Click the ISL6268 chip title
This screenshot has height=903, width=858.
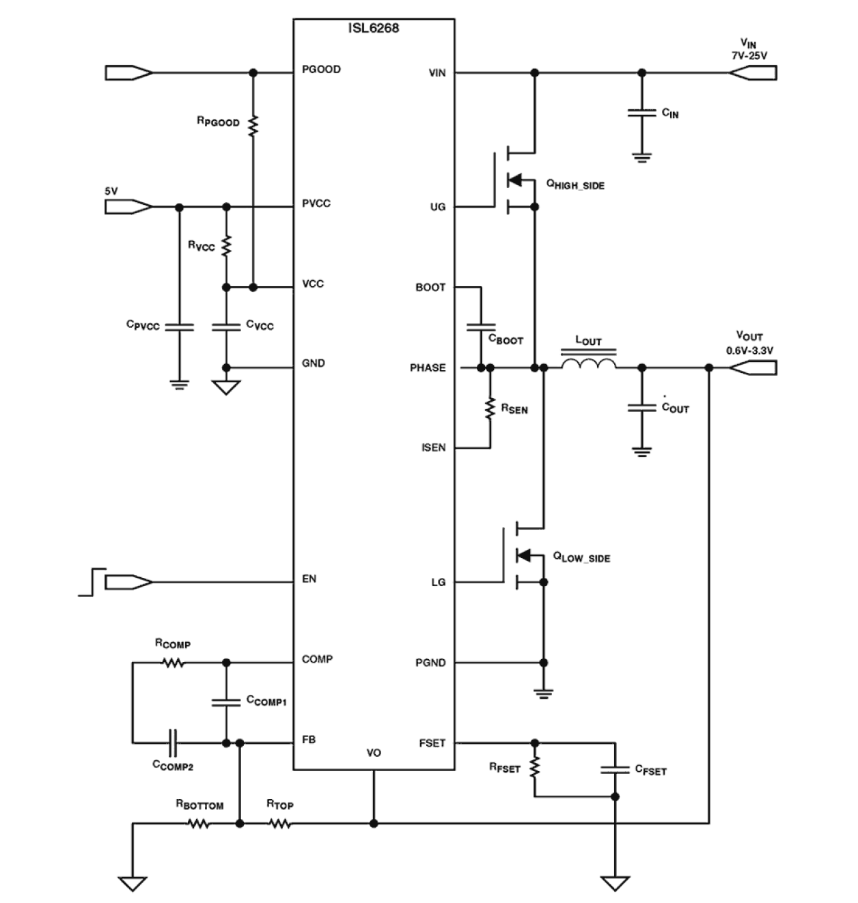click(373, 29)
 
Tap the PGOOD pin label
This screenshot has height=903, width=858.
click(321, 70)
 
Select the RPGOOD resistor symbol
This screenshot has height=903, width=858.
click(253, 126)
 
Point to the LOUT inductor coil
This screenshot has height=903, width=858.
click(588, 364)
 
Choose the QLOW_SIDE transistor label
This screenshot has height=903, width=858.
click(581, 557)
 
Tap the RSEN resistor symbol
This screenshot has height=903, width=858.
click(490, 408)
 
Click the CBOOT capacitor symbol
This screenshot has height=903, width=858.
click(481, 327)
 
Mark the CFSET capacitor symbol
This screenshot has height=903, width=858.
click(615, 769)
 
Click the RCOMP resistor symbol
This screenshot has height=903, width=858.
click(174, 662)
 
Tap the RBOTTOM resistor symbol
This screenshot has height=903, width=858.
click(199, 824)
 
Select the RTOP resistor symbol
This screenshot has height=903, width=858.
click(280, 824)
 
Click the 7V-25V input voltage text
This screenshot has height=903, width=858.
click(749, 57)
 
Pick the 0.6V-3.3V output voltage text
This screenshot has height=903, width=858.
click(749, 350)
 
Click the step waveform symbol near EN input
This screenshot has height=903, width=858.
click(93, 581)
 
